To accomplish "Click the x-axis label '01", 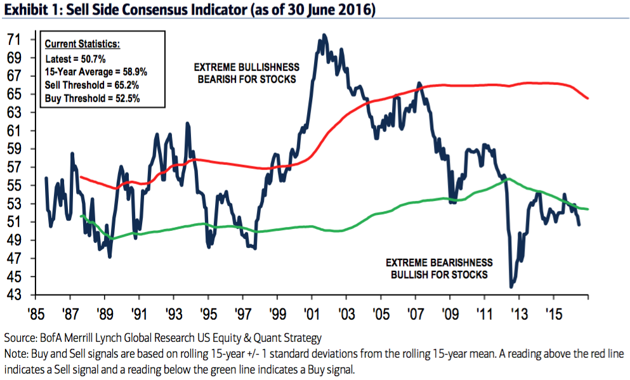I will click(x=311, y=314).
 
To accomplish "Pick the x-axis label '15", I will click(x=553, y=314).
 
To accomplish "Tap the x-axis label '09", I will click(x=450, y=314).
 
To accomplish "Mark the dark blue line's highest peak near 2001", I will click(x=324, y=36).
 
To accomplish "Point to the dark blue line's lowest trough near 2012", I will click(x=511, y=287).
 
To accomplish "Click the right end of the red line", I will click(x=588, y=98).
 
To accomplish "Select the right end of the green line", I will click(x=588, y=209).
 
